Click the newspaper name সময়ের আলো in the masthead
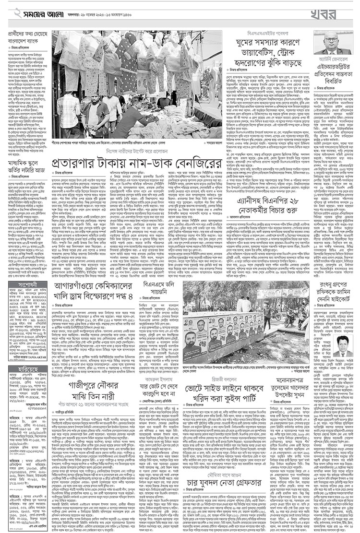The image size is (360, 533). point(36,11)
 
